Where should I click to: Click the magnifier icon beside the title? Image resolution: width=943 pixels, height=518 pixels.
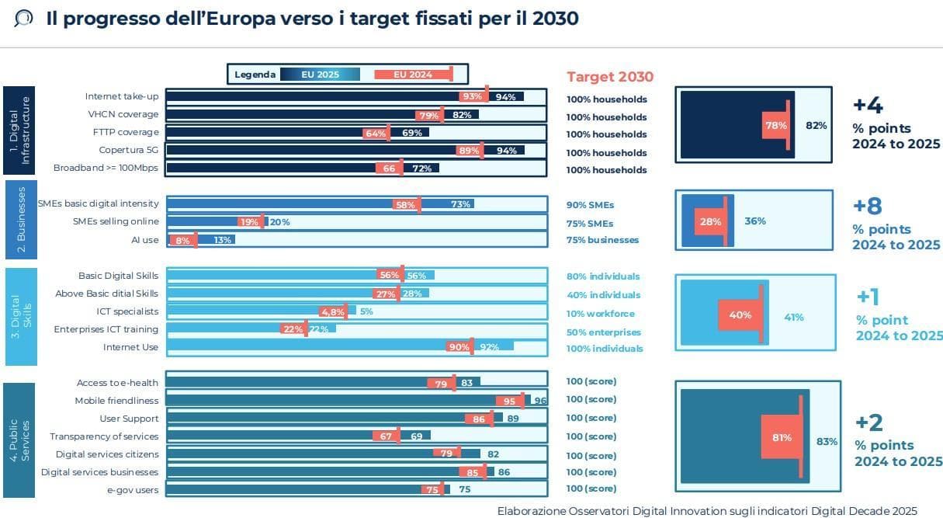click(23, 19)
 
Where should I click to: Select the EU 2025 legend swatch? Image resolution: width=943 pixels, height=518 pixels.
click(320, 75)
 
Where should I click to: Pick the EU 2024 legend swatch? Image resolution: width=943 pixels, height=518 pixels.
click(414, 75)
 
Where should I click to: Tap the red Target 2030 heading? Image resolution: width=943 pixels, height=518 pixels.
click(610, 77)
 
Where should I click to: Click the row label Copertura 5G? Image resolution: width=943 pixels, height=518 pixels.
click(128, 150)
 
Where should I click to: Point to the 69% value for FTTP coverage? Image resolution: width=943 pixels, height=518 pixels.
click(411, 133)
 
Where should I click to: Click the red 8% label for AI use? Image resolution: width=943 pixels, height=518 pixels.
click(182, 241)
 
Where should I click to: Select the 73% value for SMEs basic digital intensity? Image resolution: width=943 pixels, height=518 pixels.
click(460, 204)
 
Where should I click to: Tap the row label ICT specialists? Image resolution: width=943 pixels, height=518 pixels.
click(127, 311)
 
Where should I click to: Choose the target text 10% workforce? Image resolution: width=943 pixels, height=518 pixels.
click(600, 314)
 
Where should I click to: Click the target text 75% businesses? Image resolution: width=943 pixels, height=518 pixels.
click(602, 240)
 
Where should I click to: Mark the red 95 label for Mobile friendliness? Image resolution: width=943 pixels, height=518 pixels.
click(509, 402)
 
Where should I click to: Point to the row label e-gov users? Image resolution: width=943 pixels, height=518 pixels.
click(133, 490)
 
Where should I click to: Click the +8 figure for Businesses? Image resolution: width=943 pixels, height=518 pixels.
click(867, 206)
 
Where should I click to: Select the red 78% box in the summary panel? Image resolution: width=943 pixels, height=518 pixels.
click(775, 125)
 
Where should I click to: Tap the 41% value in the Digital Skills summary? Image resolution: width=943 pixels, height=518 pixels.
click(794, 317)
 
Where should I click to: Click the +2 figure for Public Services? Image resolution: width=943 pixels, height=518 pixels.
click(869, 422)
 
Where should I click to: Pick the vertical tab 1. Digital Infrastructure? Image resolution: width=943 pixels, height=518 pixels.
click(19, 130)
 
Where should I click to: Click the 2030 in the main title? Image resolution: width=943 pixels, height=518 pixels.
click(555, 19)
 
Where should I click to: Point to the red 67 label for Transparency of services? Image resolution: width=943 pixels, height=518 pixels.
click(386, 436)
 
